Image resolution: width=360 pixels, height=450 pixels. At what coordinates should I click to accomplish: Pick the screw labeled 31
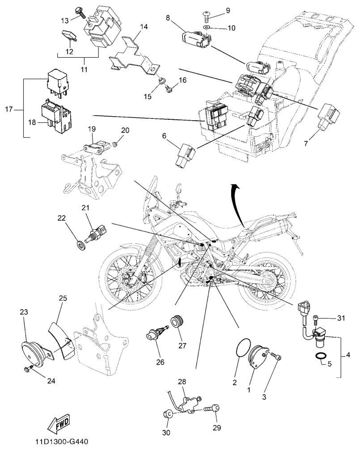coord(318,318)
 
